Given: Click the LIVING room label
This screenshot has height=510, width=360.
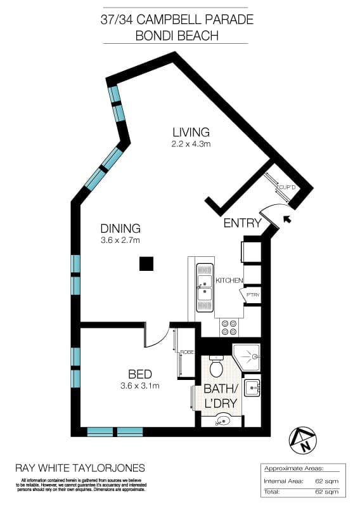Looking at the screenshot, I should (x=191, y=132).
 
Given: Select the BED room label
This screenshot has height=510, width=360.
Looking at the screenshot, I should (x=139, y=374).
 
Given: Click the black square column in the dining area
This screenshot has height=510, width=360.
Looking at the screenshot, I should (x=146, y=263).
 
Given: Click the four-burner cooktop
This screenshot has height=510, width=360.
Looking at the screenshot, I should (x=228, y=327).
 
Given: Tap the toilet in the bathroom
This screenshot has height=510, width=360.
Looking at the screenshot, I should (x=216, y=366).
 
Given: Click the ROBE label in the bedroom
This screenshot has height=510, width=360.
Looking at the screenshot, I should (x=186, y=351).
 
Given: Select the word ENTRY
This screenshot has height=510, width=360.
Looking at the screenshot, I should (x=242, y=223).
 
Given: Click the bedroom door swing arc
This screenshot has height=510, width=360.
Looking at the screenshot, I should (x=157, y=339).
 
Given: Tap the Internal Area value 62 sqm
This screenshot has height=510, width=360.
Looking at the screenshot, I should (x=330, y=481).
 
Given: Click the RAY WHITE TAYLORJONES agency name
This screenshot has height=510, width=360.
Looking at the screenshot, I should (x=79, y=468).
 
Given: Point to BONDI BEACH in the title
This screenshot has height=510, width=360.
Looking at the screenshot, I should (x=177, y=36).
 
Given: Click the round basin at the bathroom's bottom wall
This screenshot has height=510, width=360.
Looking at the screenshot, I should (x=222, y=419).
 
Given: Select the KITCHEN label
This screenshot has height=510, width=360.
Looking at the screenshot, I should (x=229, y=280).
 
